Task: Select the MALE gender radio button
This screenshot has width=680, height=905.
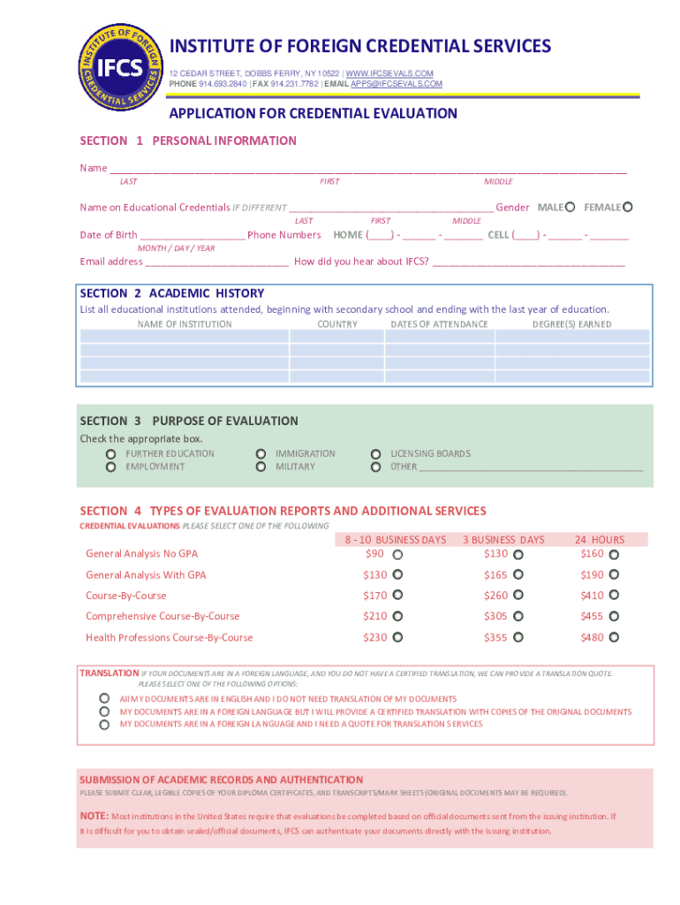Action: [x=570, y=207]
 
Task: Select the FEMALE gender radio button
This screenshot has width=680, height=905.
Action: [x=628, y=207]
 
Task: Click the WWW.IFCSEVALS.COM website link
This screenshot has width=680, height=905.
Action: [x=389, y=72]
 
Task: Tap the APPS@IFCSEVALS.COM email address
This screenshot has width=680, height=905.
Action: [x=397, y=83]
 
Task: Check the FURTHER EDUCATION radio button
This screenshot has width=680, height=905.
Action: [x=111, y=454]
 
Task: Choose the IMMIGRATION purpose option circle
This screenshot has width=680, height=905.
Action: [x=261, y=454]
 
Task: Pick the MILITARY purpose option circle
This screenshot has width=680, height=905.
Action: [x=261, y=467]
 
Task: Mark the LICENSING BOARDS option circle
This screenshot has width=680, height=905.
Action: [x=376, y=454]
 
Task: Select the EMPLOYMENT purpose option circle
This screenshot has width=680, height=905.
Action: [x=111, y=467]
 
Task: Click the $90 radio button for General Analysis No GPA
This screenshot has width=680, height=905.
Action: [x=397, y=555]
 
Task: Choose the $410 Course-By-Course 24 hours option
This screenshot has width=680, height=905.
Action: [x=614, y=596]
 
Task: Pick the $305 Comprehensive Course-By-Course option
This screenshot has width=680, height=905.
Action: [x=518, y=617]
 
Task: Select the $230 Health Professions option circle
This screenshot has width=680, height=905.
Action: [x=397, y=637]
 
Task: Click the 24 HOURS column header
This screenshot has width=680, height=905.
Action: [x=599, y=539]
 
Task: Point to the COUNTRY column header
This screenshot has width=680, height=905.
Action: [x=337, y=324]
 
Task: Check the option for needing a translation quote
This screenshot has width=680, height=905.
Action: [x=104, y=725]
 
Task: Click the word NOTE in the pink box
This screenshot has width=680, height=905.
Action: [x=94, y=816]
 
